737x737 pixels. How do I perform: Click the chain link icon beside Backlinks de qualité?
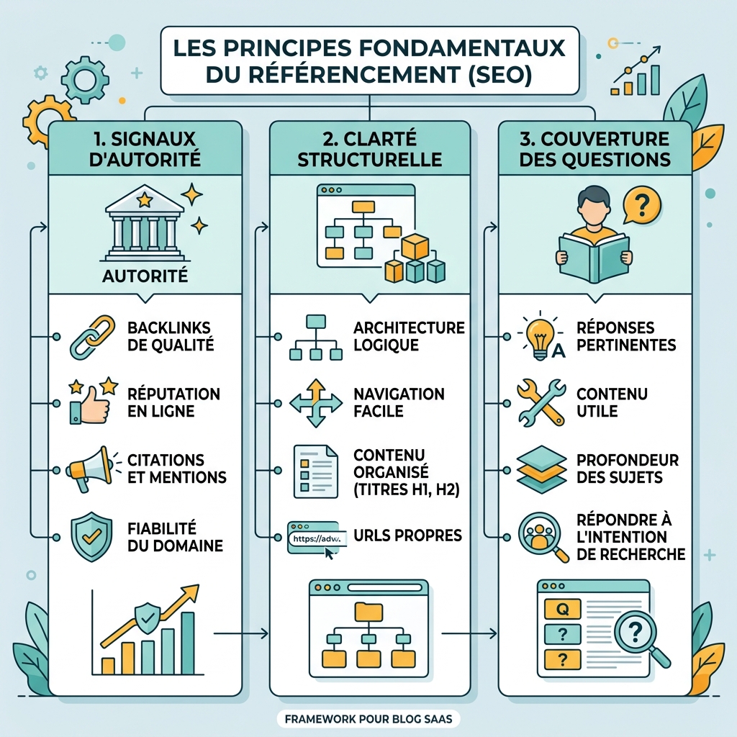93,337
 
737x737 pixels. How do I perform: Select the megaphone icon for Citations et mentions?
89,469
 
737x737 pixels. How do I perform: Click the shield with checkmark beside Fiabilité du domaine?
91,536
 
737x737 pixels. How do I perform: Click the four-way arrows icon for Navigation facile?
316,403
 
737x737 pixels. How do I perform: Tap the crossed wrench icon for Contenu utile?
541,402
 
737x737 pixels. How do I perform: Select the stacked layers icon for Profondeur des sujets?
541,469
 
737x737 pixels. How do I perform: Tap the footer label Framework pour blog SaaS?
368,718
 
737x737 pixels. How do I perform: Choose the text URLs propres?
407,535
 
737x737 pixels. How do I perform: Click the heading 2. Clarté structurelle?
369,149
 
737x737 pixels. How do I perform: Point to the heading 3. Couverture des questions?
594,149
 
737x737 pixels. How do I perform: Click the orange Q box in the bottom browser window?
562,609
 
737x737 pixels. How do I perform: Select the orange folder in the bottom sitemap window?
368,612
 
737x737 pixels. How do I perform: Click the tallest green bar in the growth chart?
188,643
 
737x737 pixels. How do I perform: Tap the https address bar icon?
317,538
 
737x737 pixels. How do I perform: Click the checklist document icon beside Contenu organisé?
315,471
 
